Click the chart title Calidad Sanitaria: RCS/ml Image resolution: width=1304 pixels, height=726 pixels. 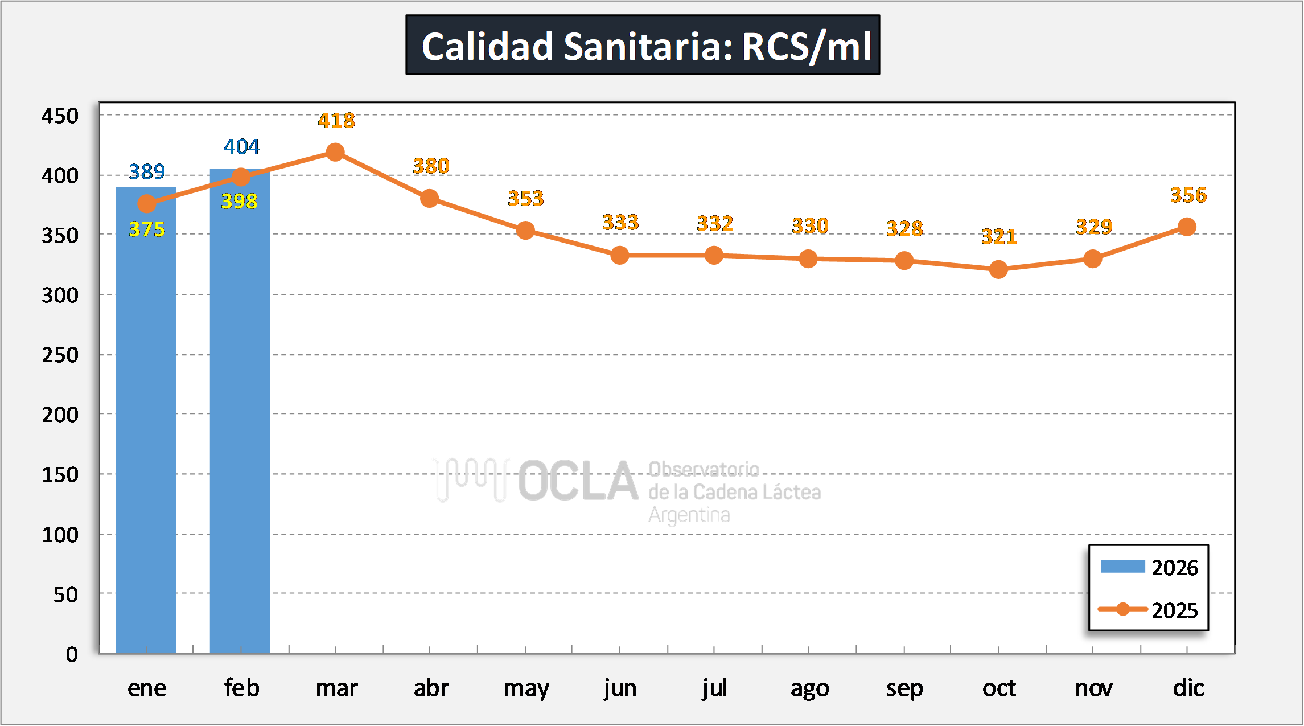pyautogui.click(x=643, y=46)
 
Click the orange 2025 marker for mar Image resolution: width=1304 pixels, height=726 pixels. pyautogui.click(x=335, y=152)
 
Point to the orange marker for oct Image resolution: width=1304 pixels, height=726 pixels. pyautogui.click(x=998, y=269)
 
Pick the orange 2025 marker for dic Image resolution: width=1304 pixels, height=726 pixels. pyautogui.click(x=1187, y=227)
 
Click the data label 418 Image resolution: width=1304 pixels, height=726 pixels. pyautogui.click(x=336, y=121)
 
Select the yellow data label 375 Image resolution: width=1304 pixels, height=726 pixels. pyautogui.click(x=146, y=229)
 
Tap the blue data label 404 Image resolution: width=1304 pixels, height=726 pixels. pyautogui.click(x=241, y=147)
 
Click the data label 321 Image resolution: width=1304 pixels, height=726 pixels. pyautogui.click(x=999, y=236)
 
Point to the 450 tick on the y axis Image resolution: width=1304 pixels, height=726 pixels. pyautogui.click(x=60, y=116)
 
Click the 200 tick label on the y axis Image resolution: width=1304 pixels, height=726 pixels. pyautogui.click(x=60, y=415)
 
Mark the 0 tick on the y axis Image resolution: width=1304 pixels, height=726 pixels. pyautogui.click(x=72, y=655)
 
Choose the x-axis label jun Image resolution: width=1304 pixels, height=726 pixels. pyautogui.click(x=620, y=688)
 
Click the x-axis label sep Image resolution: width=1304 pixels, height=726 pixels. pyautogui.click(x=904, y=688)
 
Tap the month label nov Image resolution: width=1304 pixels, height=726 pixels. pyautogui.click(x=1093, y=688)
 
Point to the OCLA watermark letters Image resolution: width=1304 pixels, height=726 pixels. pyautogui.click(x=578, y=482)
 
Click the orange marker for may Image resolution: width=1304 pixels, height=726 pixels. pyautogui.click(x=525, y=231)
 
